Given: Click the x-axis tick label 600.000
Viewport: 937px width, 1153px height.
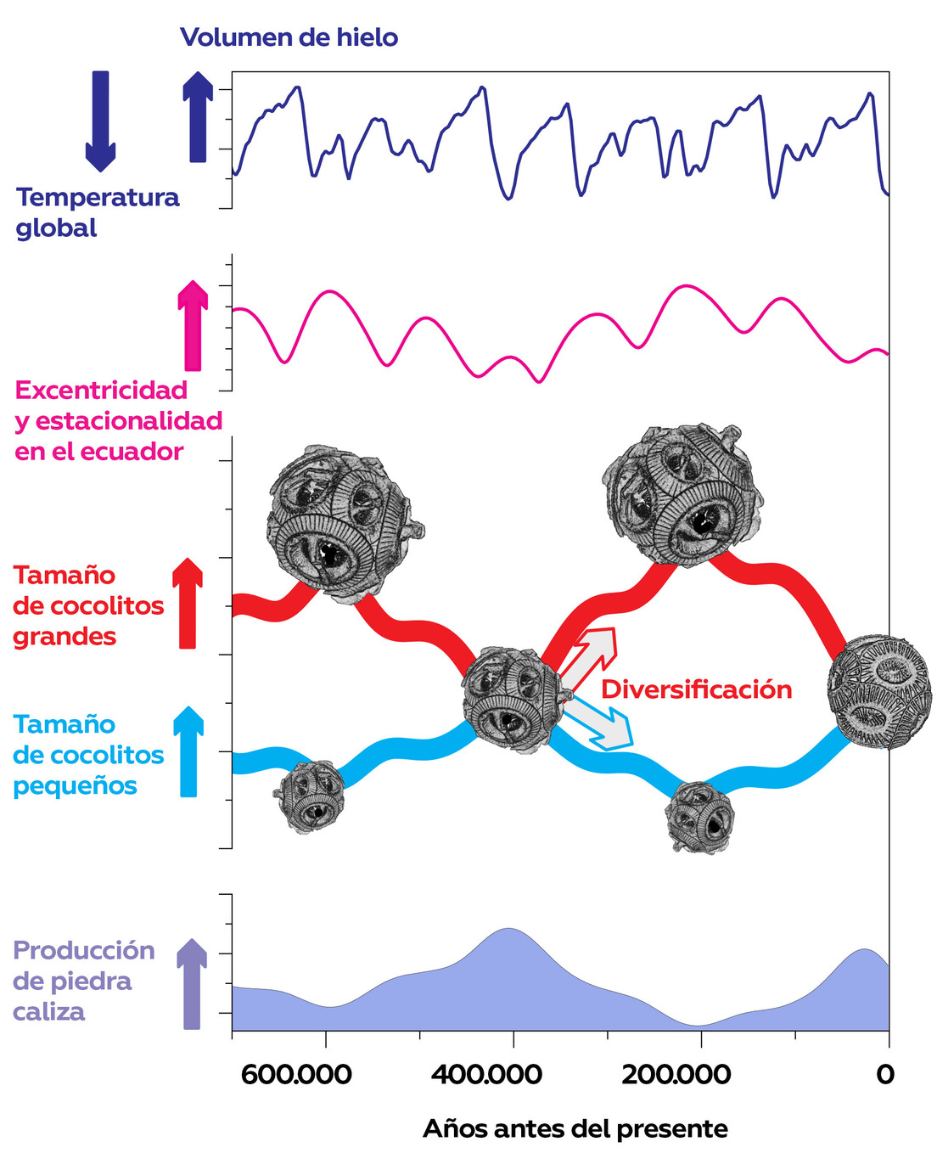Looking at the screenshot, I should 296,1075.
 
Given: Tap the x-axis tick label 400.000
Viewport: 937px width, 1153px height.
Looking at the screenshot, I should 486,1075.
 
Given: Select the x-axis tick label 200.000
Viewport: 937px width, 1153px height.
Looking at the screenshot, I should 676,1075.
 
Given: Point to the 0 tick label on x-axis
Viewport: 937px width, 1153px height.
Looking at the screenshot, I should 885,1075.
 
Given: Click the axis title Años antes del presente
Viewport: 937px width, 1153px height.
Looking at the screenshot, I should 575,1129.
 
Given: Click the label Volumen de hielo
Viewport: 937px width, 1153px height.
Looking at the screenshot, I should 289,37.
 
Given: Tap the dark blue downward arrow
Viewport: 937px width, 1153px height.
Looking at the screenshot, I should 100,120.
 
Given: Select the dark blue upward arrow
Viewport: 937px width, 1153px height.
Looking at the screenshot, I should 198,116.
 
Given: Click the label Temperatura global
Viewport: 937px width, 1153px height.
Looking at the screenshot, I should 97,212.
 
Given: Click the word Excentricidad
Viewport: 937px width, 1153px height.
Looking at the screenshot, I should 101,391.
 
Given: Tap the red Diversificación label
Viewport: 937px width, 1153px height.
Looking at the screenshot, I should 696,689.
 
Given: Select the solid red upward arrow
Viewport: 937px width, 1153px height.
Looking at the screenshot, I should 188,604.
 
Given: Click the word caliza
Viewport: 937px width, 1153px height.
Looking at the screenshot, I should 49,1012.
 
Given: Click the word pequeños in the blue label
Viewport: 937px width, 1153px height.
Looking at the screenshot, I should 75,786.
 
